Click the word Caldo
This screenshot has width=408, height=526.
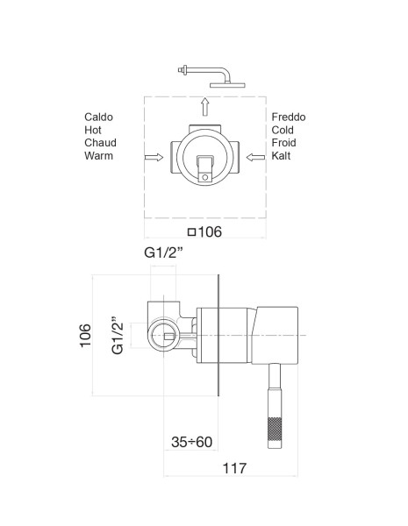pos(99,117)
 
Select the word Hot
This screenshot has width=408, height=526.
pos(93,130)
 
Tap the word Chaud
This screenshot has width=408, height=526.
pos(101,143)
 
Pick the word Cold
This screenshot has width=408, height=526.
pos(285,130)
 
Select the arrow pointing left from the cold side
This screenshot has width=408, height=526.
pos(256,158)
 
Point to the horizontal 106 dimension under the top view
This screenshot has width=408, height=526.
pos(206,233)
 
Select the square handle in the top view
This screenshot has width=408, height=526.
pos(205,165)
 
